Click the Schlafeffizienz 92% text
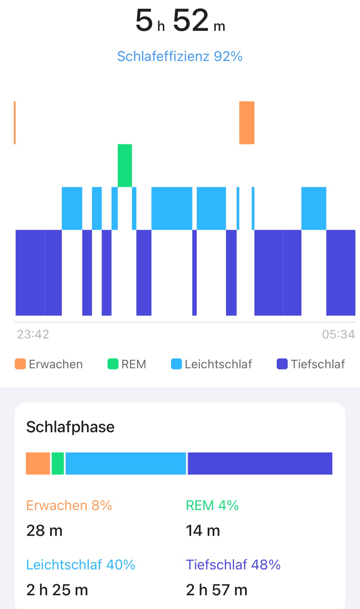pos(180,56)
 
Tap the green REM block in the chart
pos(125,165)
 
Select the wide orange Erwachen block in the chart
pos(247,122)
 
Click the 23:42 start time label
pos(33,334)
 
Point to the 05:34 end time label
pos(338,334)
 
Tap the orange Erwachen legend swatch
pos(20,364)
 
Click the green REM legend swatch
pos(113,364)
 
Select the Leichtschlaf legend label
pos(218,364)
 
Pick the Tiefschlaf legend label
pos(318,364)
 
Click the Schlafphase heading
pos(70,427)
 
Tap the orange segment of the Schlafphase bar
pos(38,463)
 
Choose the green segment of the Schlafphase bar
pos(58,463)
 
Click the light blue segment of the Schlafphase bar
pos(126,463)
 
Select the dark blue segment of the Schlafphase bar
pos(260,463)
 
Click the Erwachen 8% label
pos(69,505)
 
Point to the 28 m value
pos(45,531)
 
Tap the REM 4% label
pos(212,505)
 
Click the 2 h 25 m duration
pos(57,590)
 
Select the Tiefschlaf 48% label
pos(233,565)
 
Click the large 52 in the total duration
pos(191,20)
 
